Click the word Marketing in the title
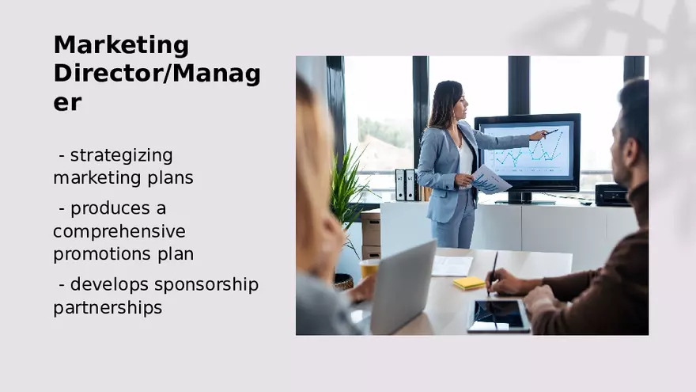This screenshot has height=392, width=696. click(x=121, y=46)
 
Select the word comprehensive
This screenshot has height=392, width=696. click(x=119, y=231)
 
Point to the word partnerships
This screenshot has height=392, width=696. click(x=108, y=307)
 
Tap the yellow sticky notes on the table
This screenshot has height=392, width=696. click(x=469, y=283)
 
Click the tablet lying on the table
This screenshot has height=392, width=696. click(x=498, y=315)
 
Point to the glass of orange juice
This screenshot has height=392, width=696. click(x=369, y=269)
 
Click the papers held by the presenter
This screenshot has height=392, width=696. click(x=490, y=180)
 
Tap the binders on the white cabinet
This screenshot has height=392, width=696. click(x=406, y=185)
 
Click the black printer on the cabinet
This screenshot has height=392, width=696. click(x=611, y=194)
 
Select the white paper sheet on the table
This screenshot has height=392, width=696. click(x=452, y=265)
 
